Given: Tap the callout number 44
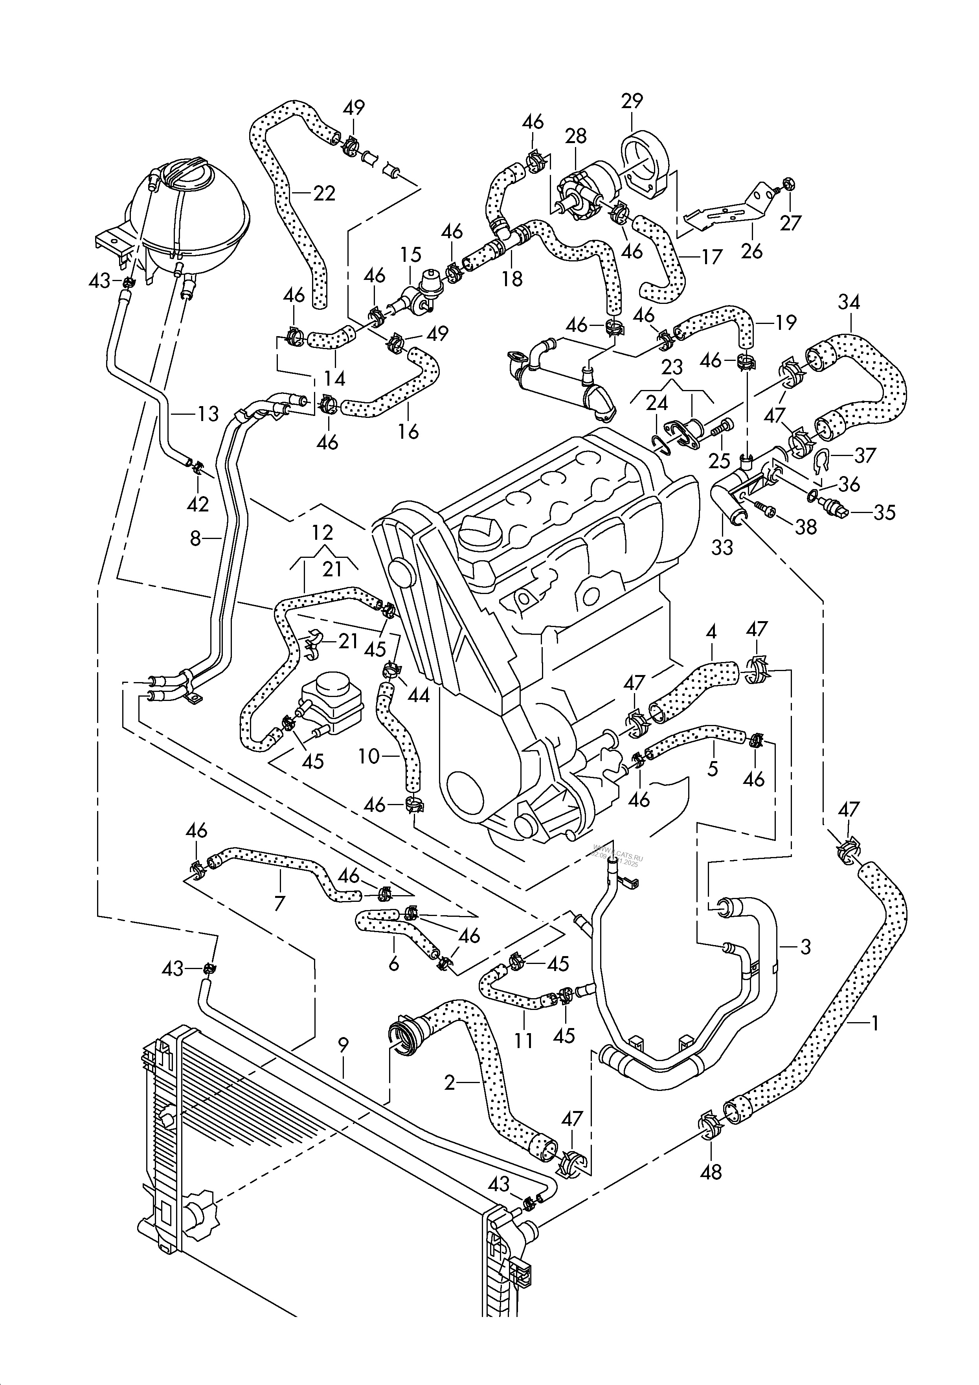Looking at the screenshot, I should [x=419, y=695].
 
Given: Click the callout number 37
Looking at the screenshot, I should [x=865, y=455].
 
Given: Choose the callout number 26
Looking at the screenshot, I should [x=752, y=249].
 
